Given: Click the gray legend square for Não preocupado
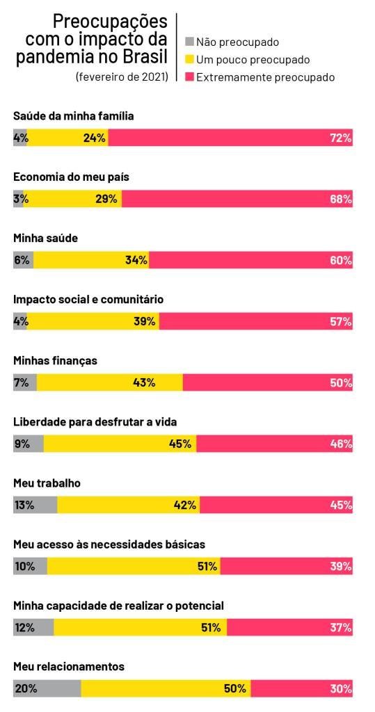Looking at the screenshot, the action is [x=189, y=42].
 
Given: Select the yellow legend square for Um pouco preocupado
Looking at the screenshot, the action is [x=189, y=60].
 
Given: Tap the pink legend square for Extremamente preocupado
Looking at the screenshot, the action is [x=189, y=77].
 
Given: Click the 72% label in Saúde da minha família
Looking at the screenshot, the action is [x=341, y=138].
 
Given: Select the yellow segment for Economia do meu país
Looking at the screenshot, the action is [x=72, y=199].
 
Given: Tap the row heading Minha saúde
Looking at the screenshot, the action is [x=46, y=238].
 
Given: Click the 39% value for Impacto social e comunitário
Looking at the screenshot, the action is [x=145, y=322].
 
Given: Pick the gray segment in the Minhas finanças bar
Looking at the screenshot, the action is [x=25, y=383].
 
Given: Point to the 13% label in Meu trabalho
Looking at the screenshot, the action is [x=24, y=505].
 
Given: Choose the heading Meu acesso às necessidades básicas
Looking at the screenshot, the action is [x=109, y=544].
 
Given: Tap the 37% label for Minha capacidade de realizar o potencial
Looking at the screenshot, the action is [x=341, y=628].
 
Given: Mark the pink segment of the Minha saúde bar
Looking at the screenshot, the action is [x=251, y=260].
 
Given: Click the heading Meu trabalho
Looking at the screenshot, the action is [x=47, y=483].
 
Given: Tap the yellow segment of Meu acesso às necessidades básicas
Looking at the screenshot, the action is [x=134, y=567].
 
